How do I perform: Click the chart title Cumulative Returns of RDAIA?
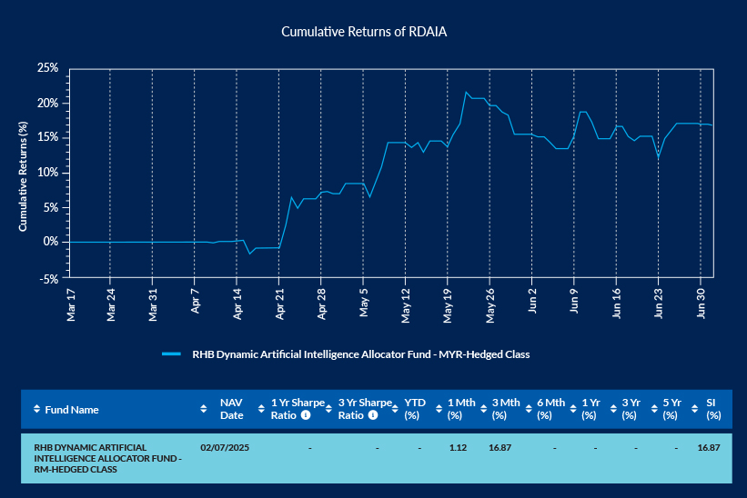[x=364, y=31]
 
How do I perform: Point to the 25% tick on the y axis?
[x=47, y=68]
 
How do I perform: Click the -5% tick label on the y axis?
[x=48, y=278]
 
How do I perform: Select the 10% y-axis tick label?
[x=47, y=173]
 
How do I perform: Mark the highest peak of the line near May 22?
[x=467, y=92]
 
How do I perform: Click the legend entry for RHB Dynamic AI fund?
[x=360, y=354]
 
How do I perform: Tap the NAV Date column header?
[x=231, y=409]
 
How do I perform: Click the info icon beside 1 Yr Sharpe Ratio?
[x=306, y=415]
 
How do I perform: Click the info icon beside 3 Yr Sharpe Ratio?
[x=372, y=415]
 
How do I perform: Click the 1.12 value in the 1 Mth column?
[x=458, y=447]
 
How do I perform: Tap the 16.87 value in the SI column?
[x=709, y=447]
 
